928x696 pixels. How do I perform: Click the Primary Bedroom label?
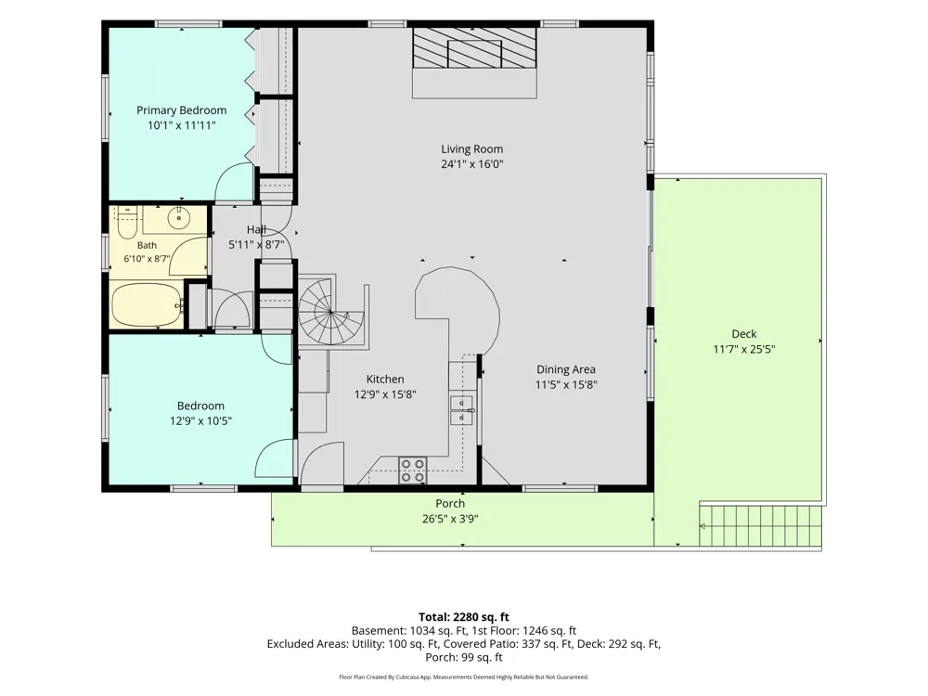click(x=181, y=110)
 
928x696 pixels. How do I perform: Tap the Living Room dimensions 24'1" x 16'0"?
click(x=471, y=164)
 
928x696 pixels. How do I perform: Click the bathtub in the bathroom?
click(x=147, y=304)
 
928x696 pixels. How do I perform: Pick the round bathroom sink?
click(x=178, y=218)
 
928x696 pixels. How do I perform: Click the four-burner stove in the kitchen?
click(x=413, y=470)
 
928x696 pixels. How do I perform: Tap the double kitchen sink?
click(x=461, y=410)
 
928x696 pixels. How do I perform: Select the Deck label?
click(x=744, y=334)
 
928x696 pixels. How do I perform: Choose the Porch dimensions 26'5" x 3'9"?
click(x=450, y=520)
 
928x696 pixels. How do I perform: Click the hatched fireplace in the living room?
click(x=474, y=48)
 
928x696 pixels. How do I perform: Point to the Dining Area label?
click(x=566, y=369)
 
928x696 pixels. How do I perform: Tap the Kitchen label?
click(x=385, y=380)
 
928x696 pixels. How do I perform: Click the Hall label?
click(x=256, y=229)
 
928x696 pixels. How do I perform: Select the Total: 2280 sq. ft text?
click(x=464, y=617)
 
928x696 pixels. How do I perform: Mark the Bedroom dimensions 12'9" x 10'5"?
click(x=200, y=421)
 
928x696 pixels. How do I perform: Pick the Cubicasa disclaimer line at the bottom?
click(x=464, y=677)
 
